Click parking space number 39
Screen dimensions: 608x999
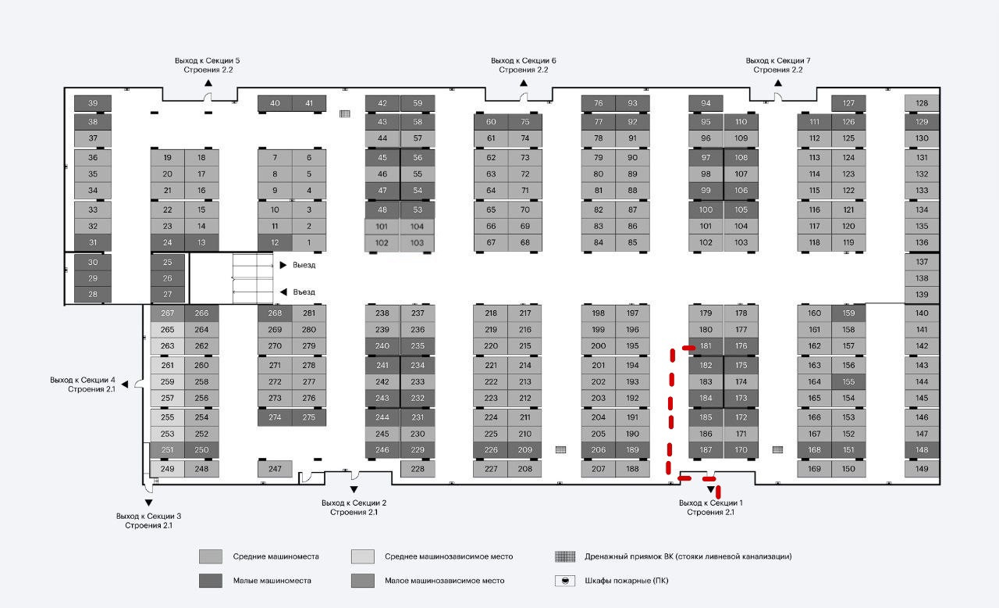pos(92,103)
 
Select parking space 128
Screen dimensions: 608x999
pos(922,103)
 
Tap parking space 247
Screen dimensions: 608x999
pos(275,469)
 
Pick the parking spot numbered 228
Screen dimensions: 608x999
pos(418,469)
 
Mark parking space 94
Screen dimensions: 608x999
pos(706,103)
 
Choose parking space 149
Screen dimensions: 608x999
pos(922,469)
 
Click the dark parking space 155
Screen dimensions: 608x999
pos(848,382)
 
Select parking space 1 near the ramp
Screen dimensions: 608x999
pos(309,242)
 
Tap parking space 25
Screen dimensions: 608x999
pos(167,263)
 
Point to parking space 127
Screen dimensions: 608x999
pos(848,103)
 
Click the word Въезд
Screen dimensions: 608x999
pos(304,292)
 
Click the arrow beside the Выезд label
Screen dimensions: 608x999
pos(283,265)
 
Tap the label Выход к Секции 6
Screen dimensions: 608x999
pos(524,61)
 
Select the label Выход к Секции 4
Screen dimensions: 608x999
pos(83,380)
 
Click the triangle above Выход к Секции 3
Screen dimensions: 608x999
pos(148,502)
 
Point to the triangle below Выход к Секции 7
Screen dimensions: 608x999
pos(778,82)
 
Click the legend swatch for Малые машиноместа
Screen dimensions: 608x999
pos(211,581)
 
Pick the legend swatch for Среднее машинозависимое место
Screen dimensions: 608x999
pos(363,556)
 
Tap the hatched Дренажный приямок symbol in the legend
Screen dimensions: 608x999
pos(565,556)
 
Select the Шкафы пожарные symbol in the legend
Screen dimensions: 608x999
pos(565,581)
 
